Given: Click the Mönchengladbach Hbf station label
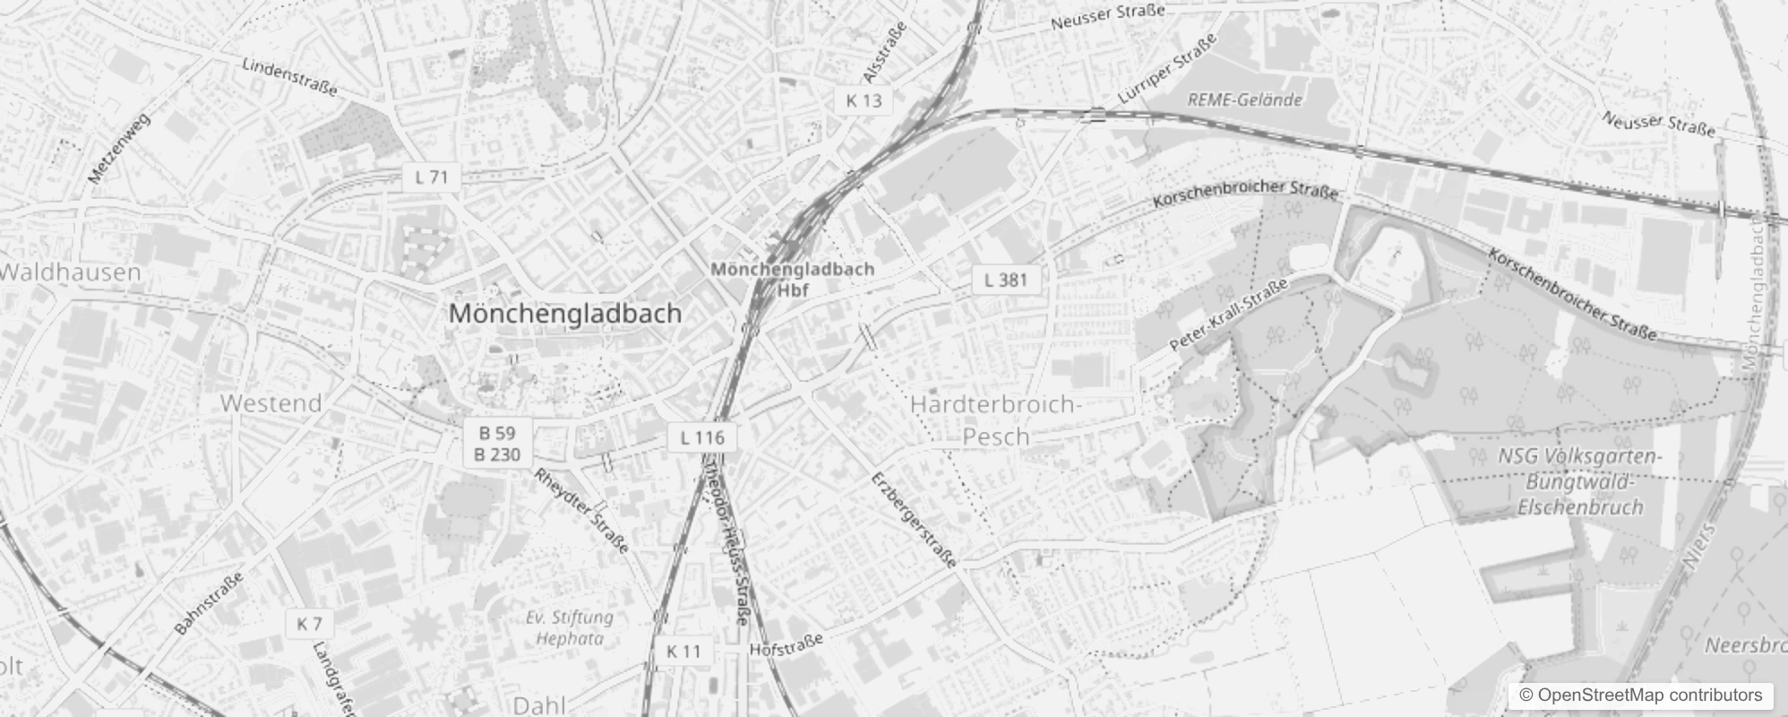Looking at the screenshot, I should pos(792,279).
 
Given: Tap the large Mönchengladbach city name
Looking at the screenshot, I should pos(565,314).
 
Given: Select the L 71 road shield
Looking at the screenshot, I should pos(431,177).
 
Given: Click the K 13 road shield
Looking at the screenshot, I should pos(864,100).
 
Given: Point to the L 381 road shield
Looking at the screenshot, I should pos(1005,280).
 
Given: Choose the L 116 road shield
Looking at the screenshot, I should pos(702,437).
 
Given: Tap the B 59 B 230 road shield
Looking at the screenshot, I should pos(497,444).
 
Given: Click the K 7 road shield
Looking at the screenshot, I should pos(309,623).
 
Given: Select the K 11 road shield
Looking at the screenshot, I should pos(683,652).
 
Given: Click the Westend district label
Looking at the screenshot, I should pos(271,403).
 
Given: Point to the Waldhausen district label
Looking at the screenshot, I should pos(71,272).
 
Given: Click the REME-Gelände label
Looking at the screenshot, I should pos(1244,99).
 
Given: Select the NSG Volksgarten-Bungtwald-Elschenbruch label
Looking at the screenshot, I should pos(1581,481).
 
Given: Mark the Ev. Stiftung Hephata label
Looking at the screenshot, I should pos(570,627).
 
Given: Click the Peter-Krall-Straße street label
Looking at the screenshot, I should pos(1228,315).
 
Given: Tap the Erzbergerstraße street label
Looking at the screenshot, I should pos(914,520).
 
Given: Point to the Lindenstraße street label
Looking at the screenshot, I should pos(289,77).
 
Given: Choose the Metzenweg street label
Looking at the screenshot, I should pos(120,149).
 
